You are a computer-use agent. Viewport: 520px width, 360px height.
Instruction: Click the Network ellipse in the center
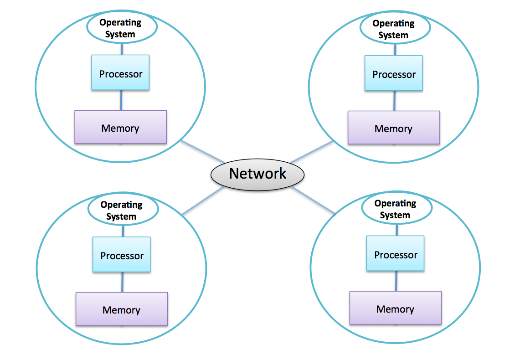tap(257, 174)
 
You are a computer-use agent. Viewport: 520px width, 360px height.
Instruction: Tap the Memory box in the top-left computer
tap(120, 127)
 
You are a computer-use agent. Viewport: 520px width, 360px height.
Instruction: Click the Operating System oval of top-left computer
tap(121, 28)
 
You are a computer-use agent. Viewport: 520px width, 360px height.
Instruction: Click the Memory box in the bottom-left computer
tap(122, 309)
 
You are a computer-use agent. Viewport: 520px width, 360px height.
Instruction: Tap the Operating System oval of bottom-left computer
tap(122, 210)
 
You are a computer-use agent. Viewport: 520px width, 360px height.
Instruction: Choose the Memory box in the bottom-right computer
tap(396, 308)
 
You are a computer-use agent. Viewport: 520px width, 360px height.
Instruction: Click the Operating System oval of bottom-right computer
tap(396, 209)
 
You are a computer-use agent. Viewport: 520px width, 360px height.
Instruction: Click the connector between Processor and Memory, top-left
tap(121, 100)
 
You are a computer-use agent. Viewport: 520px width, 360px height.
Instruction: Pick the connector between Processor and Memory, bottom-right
tap(396, 281)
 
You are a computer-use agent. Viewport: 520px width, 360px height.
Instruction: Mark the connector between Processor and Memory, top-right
tap(394, 100)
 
